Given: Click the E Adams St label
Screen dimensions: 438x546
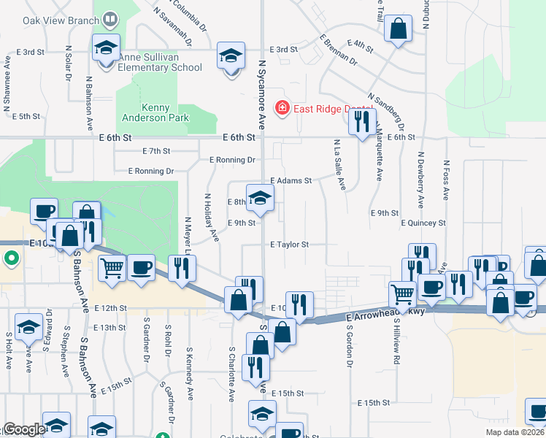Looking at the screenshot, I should click(291, 180).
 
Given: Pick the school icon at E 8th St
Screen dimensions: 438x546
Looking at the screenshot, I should click(260, 198).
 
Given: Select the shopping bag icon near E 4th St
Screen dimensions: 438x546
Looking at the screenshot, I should click(399, 30).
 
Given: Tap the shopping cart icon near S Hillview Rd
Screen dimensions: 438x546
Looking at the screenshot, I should click(402, 295).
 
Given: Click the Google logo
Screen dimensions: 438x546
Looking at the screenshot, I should click(23, 429).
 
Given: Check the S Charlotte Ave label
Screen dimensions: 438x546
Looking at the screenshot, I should click(231, 383).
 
